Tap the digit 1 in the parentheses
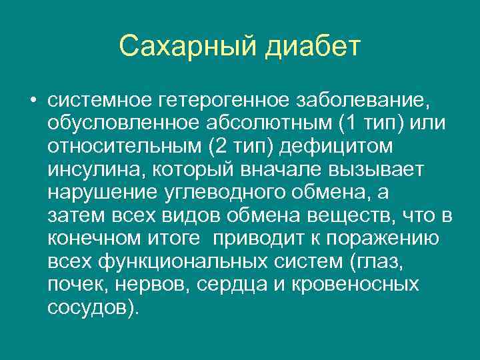tap(353, 125)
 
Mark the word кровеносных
tap(366, 284)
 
